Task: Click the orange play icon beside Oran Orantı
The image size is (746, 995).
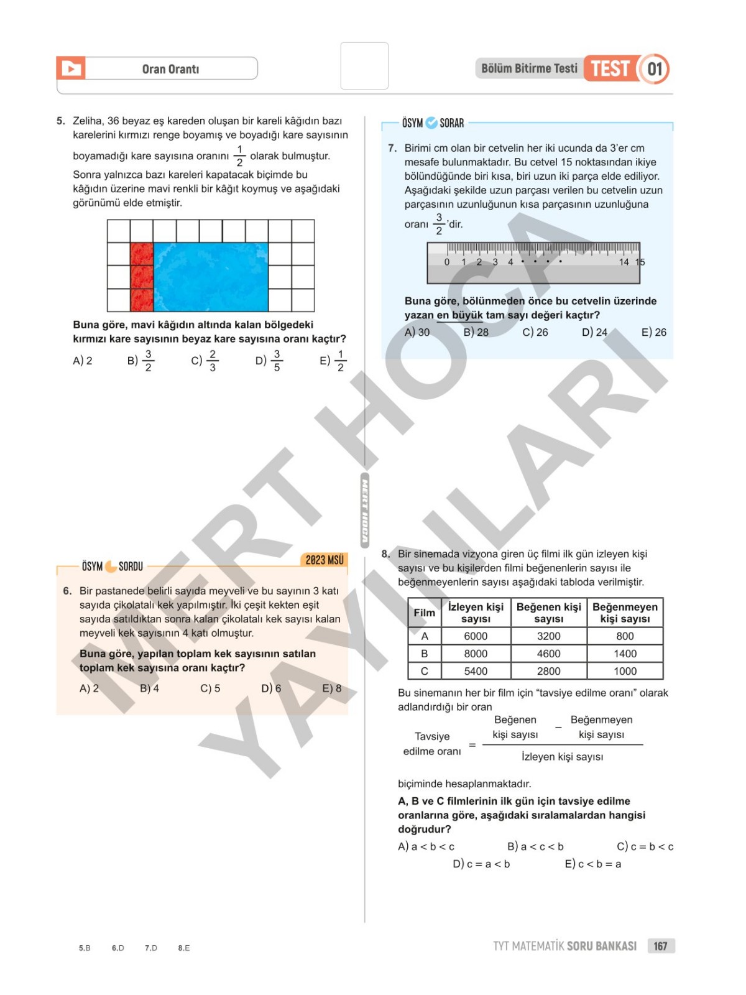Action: click(x=71, y=68)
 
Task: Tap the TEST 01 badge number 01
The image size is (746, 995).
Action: click(x=655, y=68)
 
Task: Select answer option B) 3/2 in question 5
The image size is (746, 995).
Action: click(x=141, y=360)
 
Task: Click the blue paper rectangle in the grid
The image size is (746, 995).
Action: click(x=211, y=277)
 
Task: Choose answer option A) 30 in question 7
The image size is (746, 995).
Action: click(x=417, y=332)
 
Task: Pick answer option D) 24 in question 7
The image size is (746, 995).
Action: click(x=594, y=332)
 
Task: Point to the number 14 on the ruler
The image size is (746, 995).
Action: click(x=624, y=262)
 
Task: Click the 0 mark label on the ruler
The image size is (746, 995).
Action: click(x=447, y=262)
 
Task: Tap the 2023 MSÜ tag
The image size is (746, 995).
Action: click(x=325, y=560)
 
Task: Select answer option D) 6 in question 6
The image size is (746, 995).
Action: click(x=271, y=688)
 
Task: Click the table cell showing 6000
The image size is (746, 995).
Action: click(x=476, y=636)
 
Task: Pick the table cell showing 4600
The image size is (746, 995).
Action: click(x=548, y=654)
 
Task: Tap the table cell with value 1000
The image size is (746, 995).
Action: click(x=625, y=671)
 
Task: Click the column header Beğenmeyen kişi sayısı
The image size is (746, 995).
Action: click(x=625, y=613)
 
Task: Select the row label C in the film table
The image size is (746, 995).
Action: click(x=425, y=671)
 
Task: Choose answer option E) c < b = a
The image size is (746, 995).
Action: click(x=593, y=864)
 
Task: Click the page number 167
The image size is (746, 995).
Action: click(x=660, y=946)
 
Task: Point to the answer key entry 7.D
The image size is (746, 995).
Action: click(x=151, y=948)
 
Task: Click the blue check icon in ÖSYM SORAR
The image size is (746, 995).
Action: click(x=431, y=123)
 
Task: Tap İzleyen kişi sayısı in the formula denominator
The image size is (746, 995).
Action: click(x=562, y=757)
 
